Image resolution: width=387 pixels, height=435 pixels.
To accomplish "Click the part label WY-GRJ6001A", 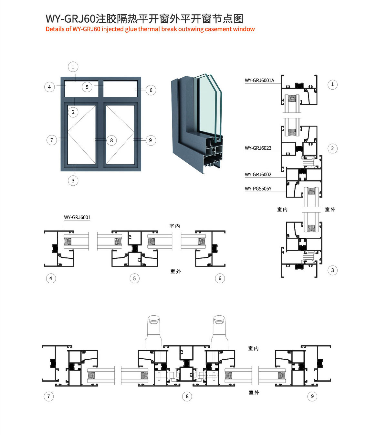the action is [x=259, y=81].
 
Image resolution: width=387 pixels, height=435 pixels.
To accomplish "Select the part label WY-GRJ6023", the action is [x=258, y=148].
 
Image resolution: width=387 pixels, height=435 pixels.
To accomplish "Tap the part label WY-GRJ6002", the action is [x=258, y=175].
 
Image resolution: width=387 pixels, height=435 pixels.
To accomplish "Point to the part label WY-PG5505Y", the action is [x=258, y=189].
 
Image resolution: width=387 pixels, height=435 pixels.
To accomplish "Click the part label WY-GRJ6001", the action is [x=77, y=217].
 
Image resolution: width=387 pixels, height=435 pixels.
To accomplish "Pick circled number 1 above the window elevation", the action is [x=73, y=67].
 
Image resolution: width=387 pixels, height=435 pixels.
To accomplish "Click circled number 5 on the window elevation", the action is [x=87, y=87].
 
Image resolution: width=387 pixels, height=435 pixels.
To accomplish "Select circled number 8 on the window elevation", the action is [x=111, y=140].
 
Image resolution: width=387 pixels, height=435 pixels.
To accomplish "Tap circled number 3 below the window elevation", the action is [x=73, y=180].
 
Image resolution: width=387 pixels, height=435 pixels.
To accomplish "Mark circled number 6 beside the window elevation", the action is [x=151, y=90].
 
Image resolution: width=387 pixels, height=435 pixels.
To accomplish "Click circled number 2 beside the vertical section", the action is [x=332, y=148].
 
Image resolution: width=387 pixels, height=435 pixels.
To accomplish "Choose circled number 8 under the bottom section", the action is [x=187, y=397].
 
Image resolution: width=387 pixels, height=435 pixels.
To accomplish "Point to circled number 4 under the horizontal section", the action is [x=51, y=278].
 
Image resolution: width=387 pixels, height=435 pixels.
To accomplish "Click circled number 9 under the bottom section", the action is [x=312, y=397].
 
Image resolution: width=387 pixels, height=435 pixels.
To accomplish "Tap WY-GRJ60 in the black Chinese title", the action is [x=70, y=19].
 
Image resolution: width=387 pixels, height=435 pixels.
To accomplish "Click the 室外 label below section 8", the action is [x=254, y=393].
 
